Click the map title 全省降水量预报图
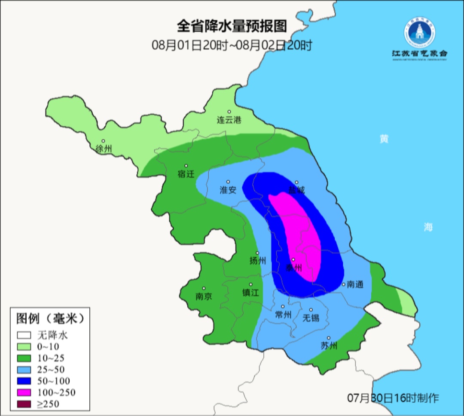pyautogui.click(x=232, y=26)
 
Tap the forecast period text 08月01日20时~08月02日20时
pyautogui.click(x=232, y=45)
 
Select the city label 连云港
pyautogui.click(x=229, y=120)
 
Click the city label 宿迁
pyautogui.click(x=186, y=174)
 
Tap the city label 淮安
pyautogui.click(x=228, y=190)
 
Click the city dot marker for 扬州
pyautogui.click(x=258, y=253)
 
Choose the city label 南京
pyautogui.click(x=204, y=297)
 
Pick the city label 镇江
pyautogui.click(x=250, y=293)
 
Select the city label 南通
pyautogui.click(x=355, y=284)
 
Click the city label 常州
pyautogui.click(x=283, y=315)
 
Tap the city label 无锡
pyautogui.click(x=311, y=318)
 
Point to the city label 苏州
pyautogui.click(x=329, y=346)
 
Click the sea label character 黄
pyautogui.click(x=384, y=139)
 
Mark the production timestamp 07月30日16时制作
pyautogui.click(x=393, y=398)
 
